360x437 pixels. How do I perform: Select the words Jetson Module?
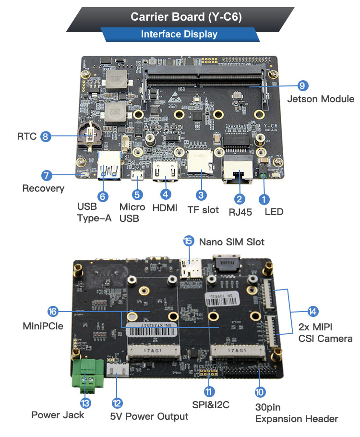click(x=320, y=99)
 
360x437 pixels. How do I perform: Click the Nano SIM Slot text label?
click(x=231, y=242)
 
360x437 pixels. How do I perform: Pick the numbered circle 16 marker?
click(x=53, y=311)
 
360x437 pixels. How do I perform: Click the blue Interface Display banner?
click(x=179, y=34)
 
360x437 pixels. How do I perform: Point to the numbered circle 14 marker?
click(x=313, y=311)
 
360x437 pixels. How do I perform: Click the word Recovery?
click(x=43, y=188)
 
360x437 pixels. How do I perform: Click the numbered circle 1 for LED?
click(x=263, y=198)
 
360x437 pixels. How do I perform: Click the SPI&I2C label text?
click(x=209, y=404)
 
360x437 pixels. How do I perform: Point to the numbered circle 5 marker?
click(x=137, y=194)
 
